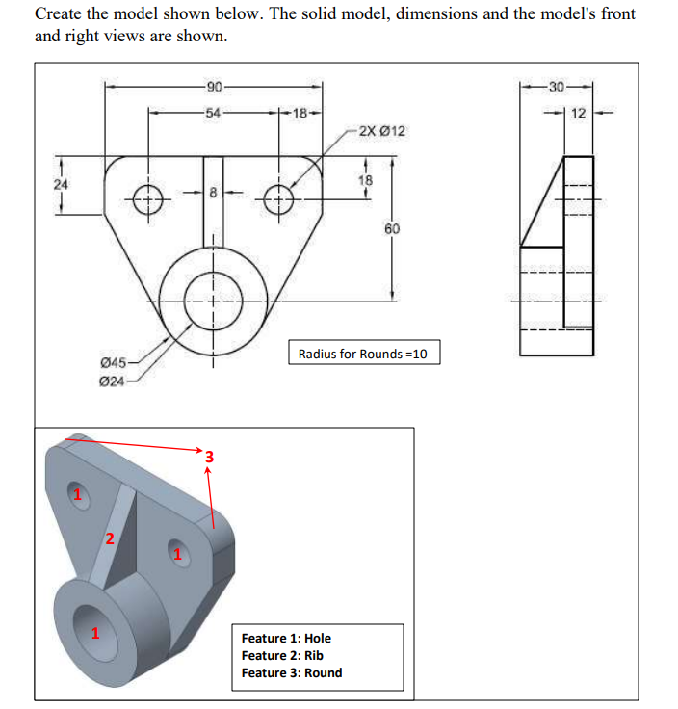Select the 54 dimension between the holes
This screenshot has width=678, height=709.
[214, 114]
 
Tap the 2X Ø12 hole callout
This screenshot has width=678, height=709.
[381, 131]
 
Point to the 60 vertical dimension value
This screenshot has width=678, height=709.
[391, 229]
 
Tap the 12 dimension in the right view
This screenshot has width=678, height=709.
[578, 115]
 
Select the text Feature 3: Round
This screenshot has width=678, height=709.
[291, 672]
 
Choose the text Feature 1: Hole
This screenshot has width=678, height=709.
[286, 638]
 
